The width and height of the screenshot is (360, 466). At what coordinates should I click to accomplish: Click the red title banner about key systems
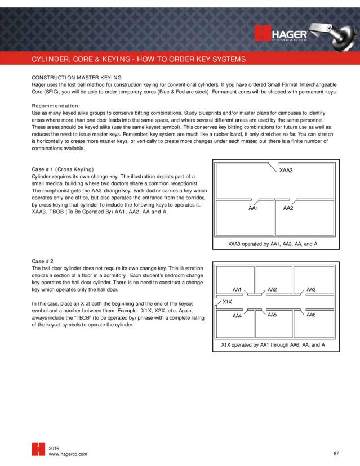tap(138, 59)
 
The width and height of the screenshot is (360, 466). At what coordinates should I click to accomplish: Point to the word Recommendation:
tap(55, 106)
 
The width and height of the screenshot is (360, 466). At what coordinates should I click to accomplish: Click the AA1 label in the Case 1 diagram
tap(253, 208)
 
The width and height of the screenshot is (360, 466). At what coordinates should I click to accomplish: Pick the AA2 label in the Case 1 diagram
tap(288, 208)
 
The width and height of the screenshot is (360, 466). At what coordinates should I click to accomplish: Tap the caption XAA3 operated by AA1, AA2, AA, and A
tap(273, 244)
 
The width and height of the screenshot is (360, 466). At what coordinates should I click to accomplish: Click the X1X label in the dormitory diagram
tap(228, 302)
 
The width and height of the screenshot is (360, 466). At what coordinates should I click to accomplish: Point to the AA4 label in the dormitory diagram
tap(237, 316)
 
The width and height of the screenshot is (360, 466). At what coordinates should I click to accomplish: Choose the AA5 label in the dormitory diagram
tap(272, 315)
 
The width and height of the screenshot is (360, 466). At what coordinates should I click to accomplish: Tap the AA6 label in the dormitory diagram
tap(310, 315)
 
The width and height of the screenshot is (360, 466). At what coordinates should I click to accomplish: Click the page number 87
tap(336, 453)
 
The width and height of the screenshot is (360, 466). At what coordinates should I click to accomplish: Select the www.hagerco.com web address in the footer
tap(68, 454)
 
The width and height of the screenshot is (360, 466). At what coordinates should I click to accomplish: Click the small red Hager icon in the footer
tap(37, 450)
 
